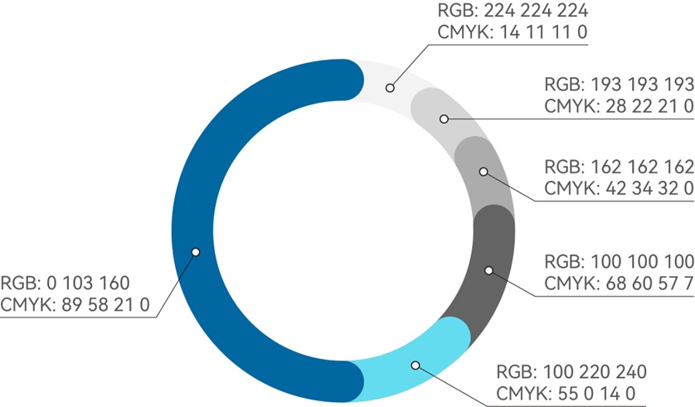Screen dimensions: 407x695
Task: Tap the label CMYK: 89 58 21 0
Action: (75, 305)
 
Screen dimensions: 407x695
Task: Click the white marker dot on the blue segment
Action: (196, 251)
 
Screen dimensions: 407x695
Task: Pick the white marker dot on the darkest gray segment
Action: (488, 270)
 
